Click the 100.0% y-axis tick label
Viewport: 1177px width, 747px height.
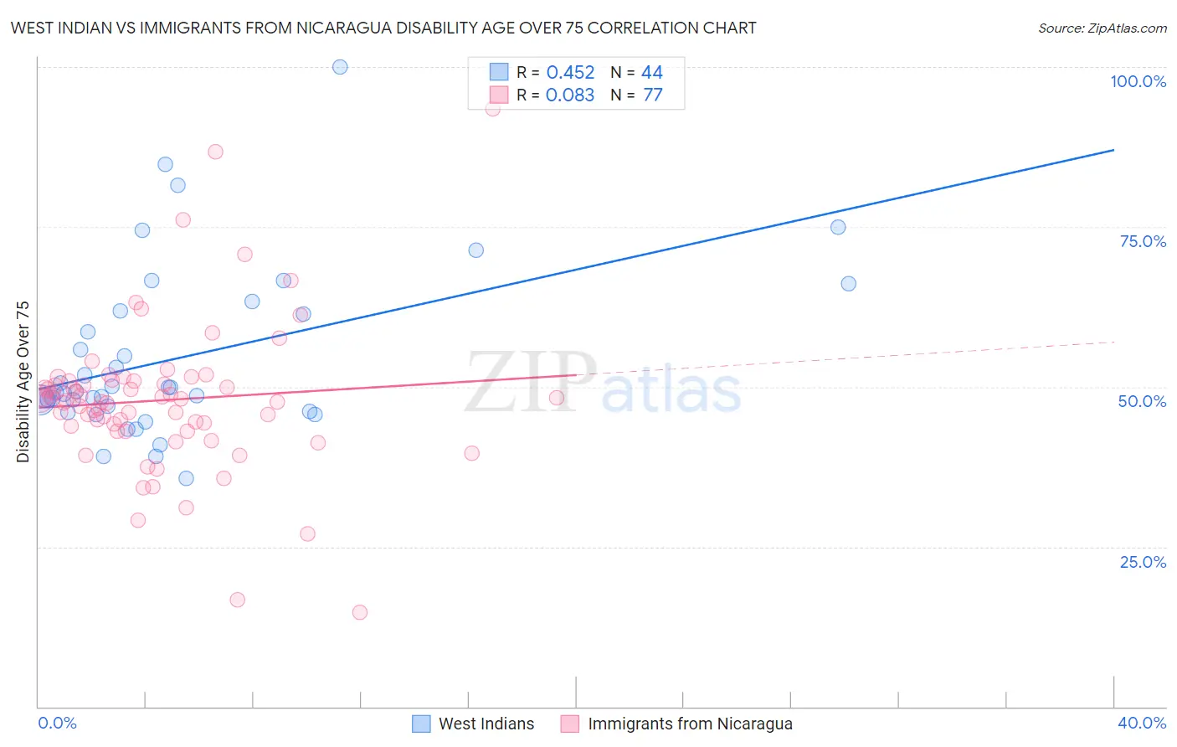point(1138,81)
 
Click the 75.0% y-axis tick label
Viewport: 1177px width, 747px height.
point(1143,241)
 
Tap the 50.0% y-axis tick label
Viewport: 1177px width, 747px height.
point(1142,401)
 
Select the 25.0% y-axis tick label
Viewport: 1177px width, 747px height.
point(1143,562)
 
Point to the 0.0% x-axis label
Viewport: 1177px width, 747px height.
point(57,723)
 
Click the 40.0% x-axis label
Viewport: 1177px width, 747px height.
point(1142,723)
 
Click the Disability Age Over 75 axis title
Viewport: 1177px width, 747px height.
point(23,382)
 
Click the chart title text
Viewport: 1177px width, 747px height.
point(383,28)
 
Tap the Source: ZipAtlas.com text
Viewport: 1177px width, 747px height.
point(1102,28)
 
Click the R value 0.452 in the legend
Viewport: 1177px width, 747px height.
point(570,73)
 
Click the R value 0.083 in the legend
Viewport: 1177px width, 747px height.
point(570,95)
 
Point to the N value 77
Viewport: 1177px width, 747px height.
point(652,95)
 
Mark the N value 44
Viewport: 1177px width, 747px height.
point(652,73)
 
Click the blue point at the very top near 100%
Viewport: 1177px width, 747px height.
point(340,67)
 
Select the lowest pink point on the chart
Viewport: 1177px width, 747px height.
point(360,612)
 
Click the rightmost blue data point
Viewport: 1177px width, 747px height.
point(849,284)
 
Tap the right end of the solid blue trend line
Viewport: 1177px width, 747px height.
point(1113,150)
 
